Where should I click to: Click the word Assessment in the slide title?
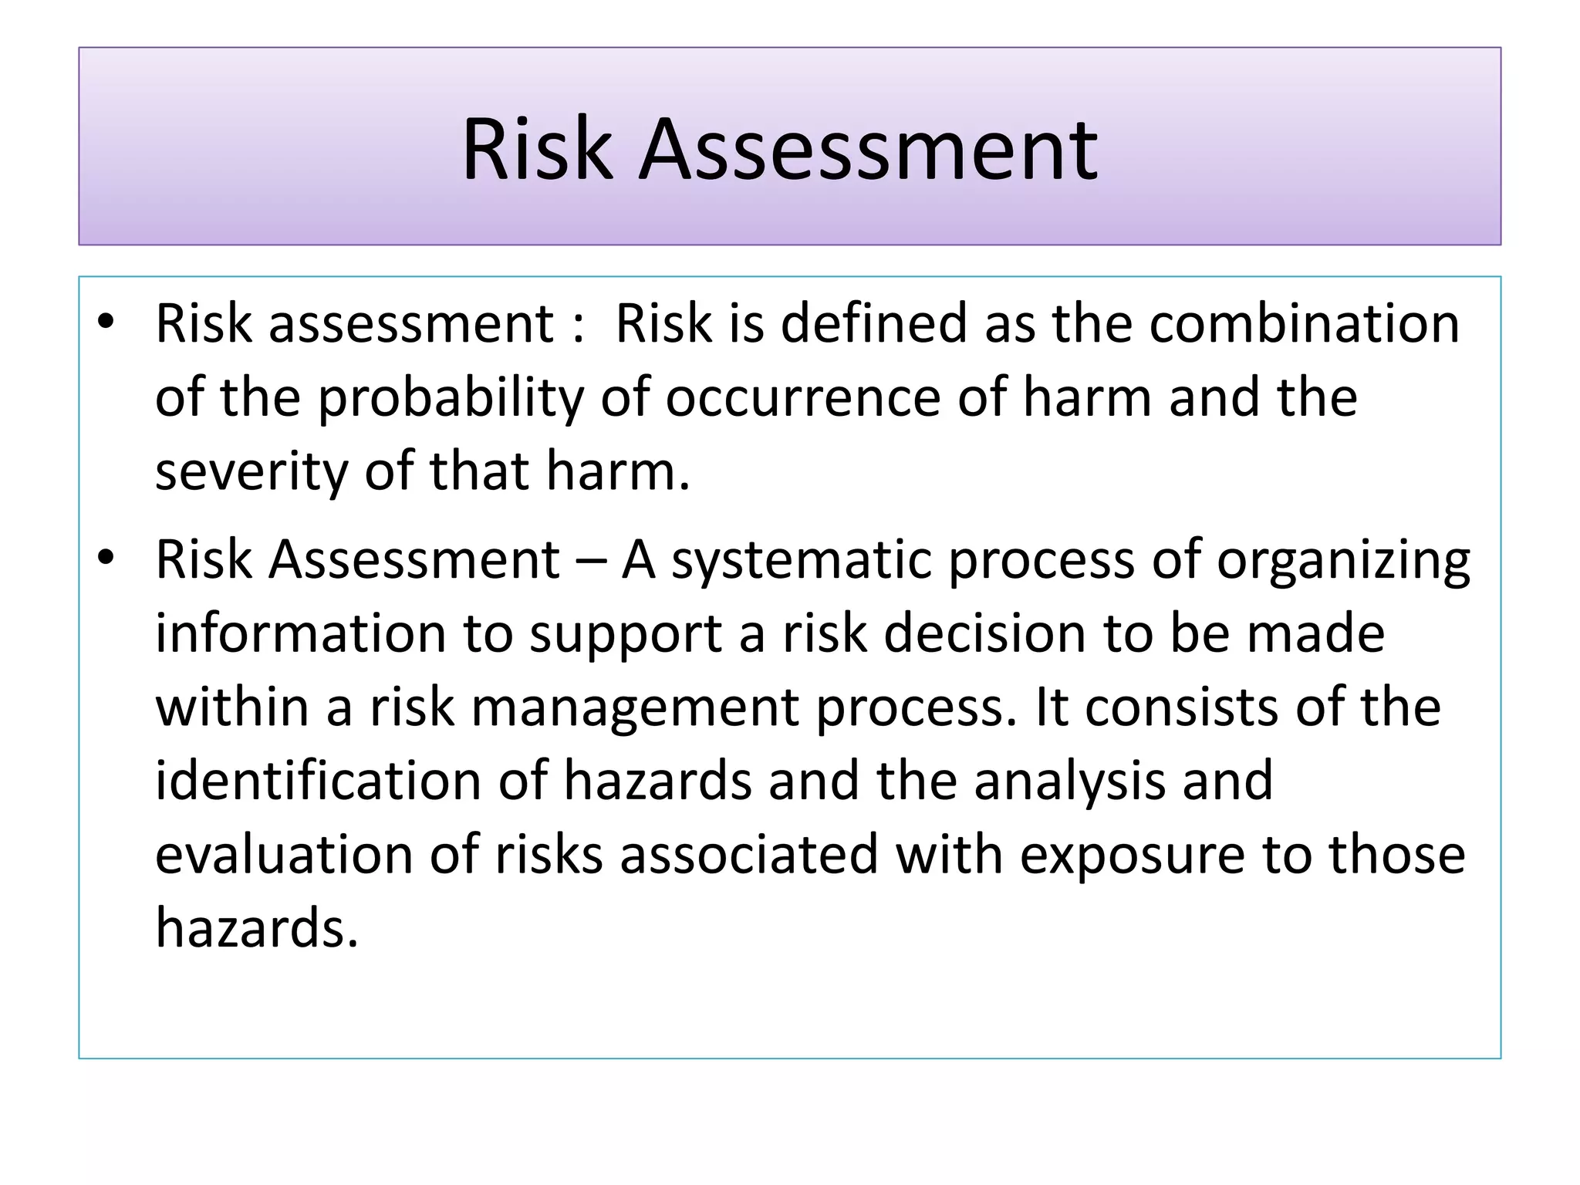coord(868,149)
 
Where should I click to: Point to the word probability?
coord(451,398)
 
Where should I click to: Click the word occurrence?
coord(803,398)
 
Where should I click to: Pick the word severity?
coord(252,472)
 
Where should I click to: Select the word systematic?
coord(802,559)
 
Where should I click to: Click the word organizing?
coord(1343,561)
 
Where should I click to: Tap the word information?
coord(301,633)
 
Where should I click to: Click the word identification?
coord(318,781)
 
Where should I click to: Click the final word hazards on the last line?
coord(256,928)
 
